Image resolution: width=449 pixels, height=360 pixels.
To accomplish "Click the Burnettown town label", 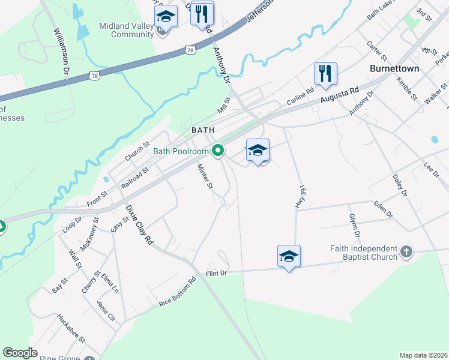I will tap(394, 69).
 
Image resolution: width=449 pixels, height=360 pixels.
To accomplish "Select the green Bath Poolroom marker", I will tap(219, 151).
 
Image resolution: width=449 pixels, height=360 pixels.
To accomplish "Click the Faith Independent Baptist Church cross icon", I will tap(406, 251).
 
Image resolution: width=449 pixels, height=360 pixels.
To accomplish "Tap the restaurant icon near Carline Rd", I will tap(325, 74).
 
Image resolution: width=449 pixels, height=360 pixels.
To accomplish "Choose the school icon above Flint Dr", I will tap(289, 256).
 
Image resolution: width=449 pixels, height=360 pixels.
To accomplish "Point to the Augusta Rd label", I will tap(339, 95).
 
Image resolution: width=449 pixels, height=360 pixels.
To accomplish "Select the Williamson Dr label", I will tap(62, 54).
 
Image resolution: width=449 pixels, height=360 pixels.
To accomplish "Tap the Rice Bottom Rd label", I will tap(178, 293).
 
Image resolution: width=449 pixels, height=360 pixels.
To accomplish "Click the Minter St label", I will tap(205, 177).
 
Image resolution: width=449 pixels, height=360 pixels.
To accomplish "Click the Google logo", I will tap(20, 353).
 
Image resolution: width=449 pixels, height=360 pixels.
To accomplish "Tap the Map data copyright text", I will tap(423, 355).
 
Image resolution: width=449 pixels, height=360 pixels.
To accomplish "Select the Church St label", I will tap(137, 152).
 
